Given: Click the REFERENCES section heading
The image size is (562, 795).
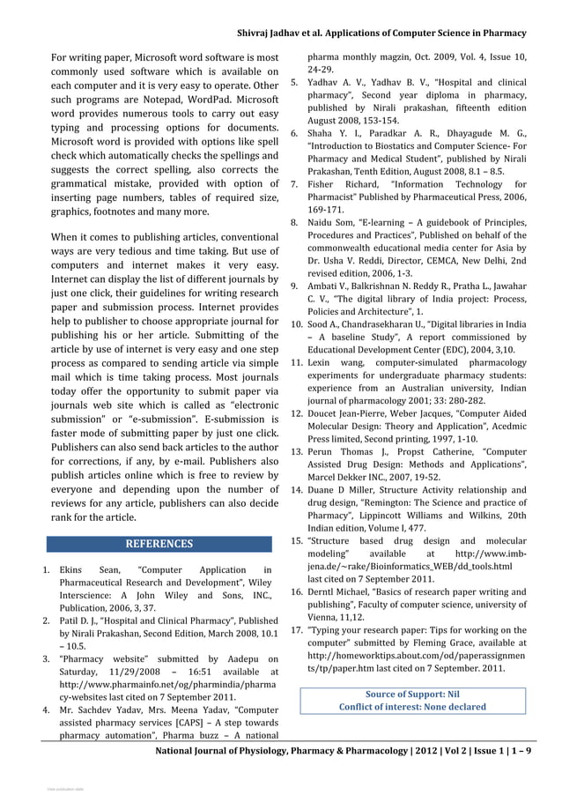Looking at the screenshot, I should [x=159, y=544].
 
